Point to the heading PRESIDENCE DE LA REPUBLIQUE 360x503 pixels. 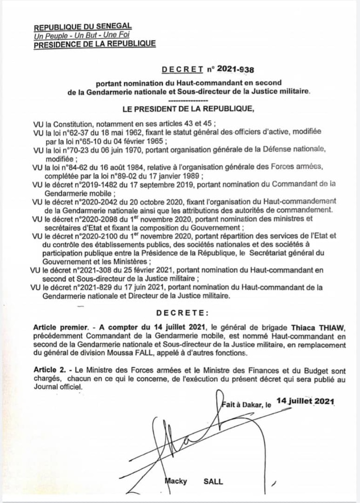coord(94,44)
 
